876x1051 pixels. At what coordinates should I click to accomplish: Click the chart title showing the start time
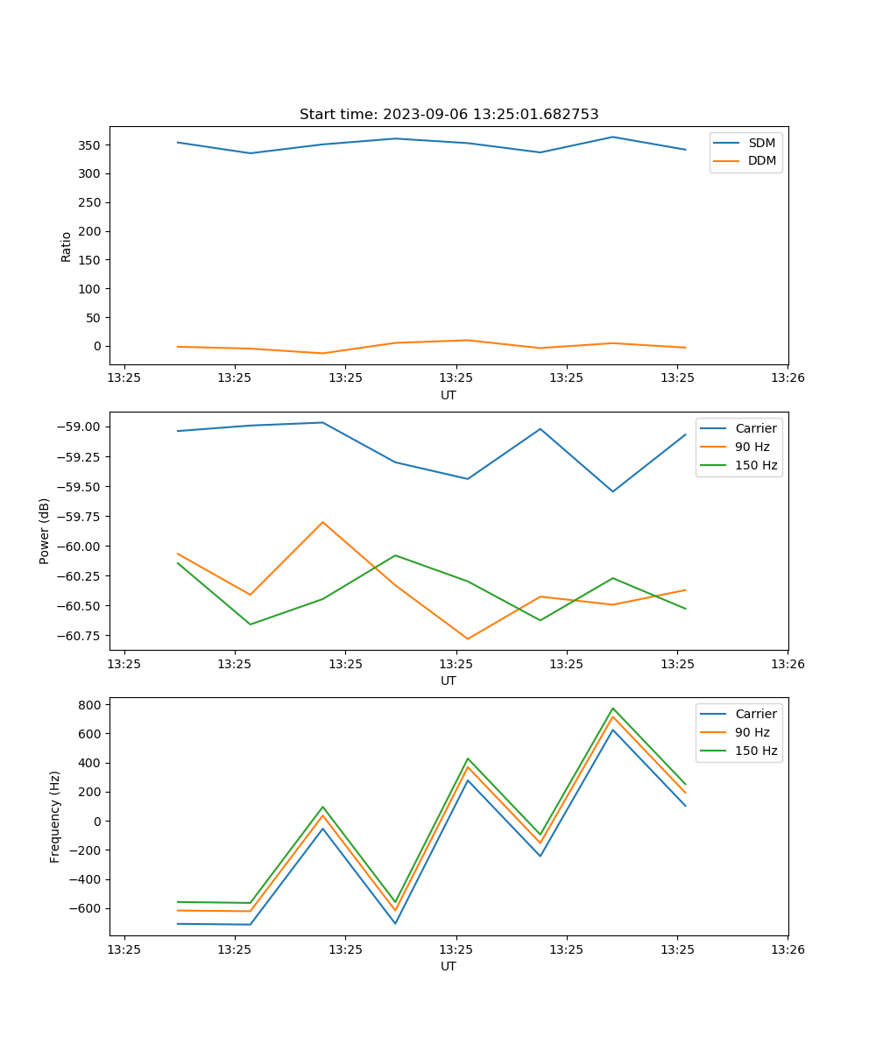449,115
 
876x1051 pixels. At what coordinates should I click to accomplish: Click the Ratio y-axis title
67,246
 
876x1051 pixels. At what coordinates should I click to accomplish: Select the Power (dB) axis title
45,531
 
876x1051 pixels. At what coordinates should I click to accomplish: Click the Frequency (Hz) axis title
55,816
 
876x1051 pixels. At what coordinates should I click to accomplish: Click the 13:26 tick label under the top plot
787,378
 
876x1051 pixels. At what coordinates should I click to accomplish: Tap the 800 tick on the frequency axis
92,704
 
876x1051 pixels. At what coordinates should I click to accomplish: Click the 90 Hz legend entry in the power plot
752,447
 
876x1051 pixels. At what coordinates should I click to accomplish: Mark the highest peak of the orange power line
322,522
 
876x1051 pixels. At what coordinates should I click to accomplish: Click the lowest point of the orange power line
468,638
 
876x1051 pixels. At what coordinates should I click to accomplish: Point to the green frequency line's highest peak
612,709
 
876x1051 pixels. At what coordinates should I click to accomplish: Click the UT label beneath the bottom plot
449,966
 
